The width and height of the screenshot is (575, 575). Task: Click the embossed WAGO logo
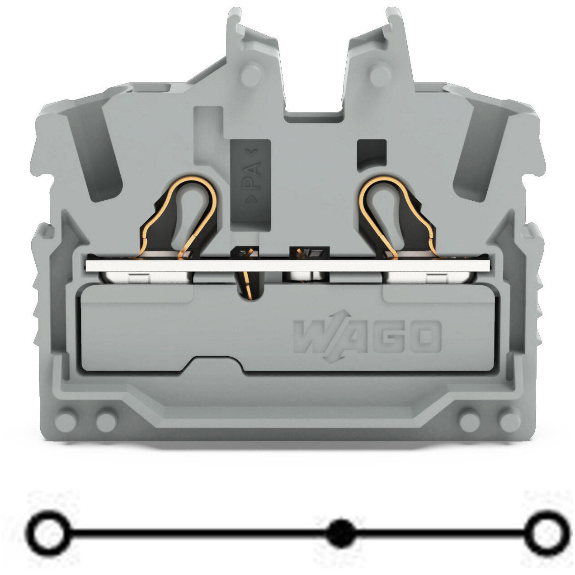367,336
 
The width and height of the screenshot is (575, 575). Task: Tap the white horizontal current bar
287,265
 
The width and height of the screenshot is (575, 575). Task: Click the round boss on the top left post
251,75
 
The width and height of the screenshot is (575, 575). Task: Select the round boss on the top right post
380,75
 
